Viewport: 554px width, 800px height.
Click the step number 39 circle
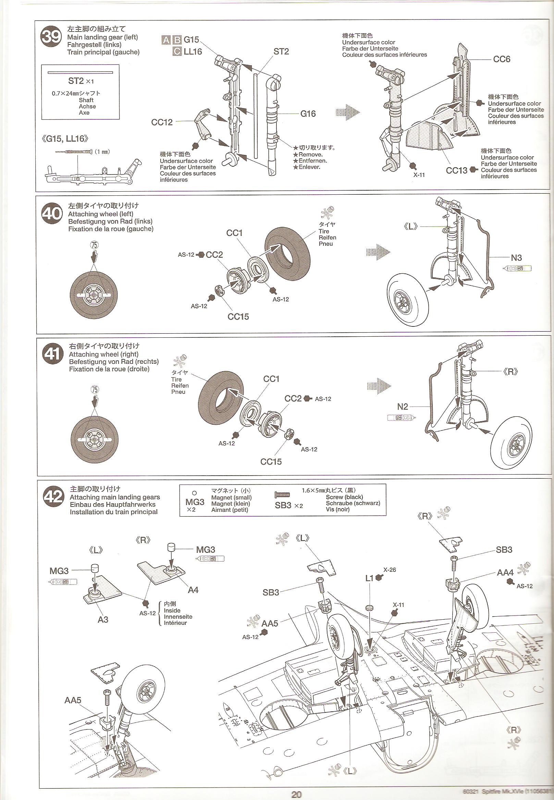tap(51, 36)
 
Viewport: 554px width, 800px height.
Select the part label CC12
tap(162, 122)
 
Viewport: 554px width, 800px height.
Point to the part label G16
tap(308, 114)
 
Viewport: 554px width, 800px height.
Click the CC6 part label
tap(502, 59)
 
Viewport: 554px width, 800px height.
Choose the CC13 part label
tap(456, 170)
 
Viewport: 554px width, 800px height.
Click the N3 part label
tap(516, 258)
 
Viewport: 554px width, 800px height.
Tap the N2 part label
tap(403, 407)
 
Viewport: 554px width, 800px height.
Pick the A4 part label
tap(193, 590)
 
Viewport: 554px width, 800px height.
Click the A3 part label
tap(103, 619)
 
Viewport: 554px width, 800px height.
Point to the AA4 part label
tap(505, 572)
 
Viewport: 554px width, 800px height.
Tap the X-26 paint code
tap(390, 569)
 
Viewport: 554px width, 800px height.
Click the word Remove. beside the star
tap(310, 155)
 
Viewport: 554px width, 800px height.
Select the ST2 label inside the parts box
tap(76, 81)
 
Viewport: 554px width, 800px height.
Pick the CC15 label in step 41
tap(271, 461)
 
